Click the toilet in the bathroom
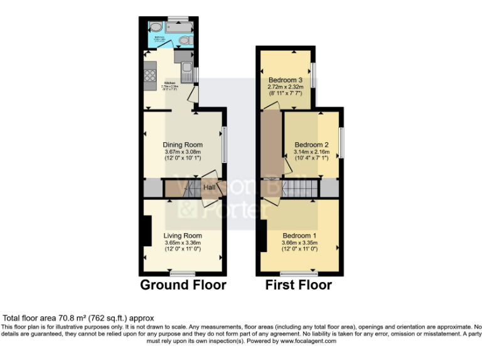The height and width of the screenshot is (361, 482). [185, 41]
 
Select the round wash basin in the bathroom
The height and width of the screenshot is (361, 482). [154, 26]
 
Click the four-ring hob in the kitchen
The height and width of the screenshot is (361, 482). [151, 76]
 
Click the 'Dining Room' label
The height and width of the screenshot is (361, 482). [183, 145]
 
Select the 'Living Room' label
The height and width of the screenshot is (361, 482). [183, 236]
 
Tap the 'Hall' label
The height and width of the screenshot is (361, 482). [209, 187]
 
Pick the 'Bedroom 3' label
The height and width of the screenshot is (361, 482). [286, 80]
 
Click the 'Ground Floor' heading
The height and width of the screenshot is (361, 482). [183, 285]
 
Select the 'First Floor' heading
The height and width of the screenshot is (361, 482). [298, 285]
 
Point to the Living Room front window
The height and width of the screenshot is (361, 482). [183, 273]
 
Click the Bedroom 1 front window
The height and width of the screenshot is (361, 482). [299, 273]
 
